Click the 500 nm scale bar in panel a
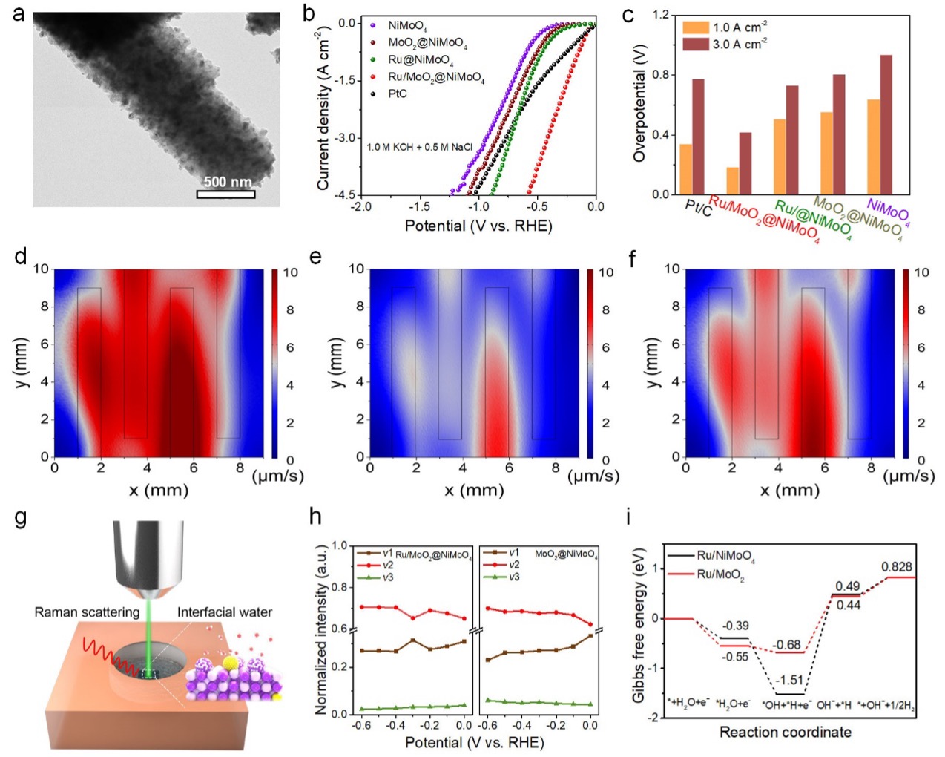(x=225, y=194)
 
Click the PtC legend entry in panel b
(x=398, y=94)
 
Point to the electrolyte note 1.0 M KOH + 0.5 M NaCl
(x=419, y=147)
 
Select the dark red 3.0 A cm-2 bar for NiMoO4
(x=886, y=125)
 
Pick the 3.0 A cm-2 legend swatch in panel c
(x=695, y=45)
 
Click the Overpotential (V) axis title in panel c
(x=639, y=103)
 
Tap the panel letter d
(x=20, y=257)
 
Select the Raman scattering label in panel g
(x=87, y=612)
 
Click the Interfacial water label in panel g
(x=224, y=612)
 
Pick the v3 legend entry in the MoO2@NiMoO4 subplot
(x=513, y=577)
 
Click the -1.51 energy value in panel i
(x=789, y=680)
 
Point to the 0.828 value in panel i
(x=896, y=567)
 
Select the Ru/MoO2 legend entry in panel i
(x=720, y=574)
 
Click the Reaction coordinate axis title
(x=785, y=733)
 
